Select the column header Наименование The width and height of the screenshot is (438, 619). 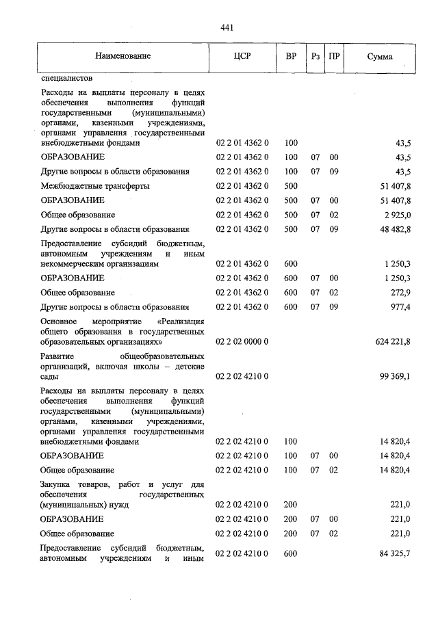[123, 56]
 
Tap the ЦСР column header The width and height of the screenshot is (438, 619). [242, 56]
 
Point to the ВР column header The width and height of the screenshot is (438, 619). [291, 56]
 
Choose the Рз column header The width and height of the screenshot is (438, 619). [315, 56]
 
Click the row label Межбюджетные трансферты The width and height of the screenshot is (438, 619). [95, 186]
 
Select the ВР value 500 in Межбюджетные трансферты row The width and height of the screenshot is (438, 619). [291, 186]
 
